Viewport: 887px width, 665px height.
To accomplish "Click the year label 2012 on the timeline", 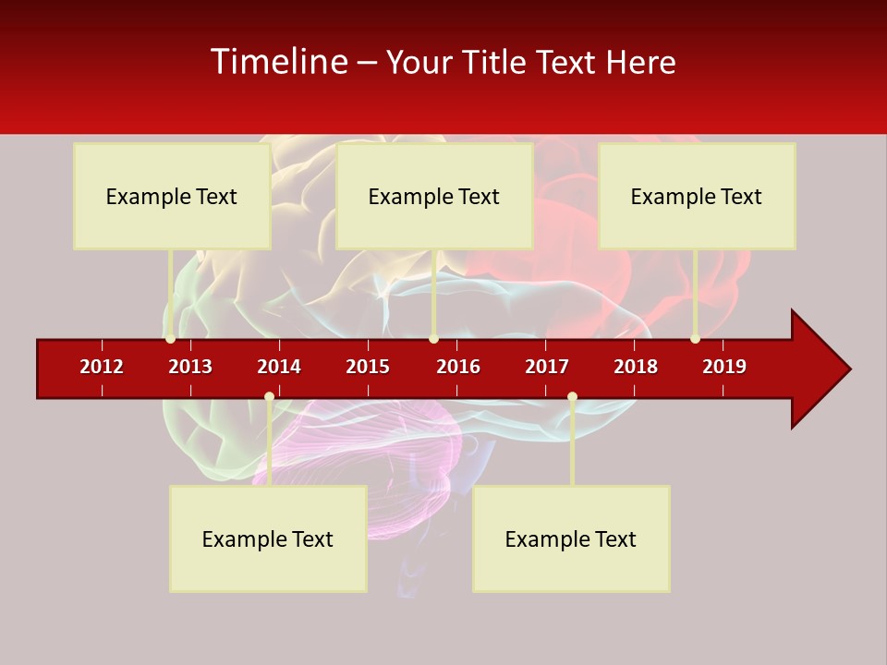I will coord(102,367).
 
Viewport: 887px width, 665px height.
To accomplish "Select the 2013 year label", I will coord(190,367).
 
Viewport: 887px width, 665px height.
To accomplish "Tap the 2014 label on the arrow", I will coord(279,367).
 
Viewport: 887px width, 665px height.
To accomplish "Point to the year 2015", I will coord(368,367).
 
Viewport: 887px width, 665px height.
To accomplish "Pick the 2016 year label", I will coord(458,367).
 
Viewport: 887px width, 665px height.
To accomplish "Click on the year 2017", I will coord(547,367).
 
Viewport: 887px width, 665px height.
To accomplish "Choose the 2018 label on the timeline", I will coord(636,367).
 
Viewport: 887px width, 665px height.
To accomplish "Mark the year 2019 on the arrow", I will coord(724,367).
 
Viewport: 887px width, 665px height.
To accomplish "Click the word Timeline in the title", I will coord(278,62).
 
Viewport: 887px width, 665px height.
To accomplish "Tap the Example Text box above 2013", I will coord(172,196).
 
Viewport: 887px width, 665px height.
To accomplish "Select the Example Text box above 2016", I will coord(434,196).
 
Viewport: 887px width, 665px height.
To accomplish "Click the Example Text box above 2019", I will coord(697,196).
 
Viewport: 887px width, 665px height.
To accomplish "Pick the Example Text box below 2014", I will coord(268,538).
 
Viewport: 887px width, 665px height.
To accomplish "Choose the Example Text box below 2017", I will coord(571,538).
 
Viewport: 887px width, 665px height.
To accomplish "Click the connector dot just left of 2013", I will coord(170,339).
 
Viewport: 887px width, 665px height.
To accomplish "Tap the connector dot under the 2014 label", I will coord(269,397).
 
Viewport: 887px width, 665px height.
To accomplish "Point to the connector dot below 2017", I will coord(572,397).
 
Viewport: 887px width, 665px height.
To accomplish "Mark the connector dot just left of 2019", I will coord(695,339).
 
